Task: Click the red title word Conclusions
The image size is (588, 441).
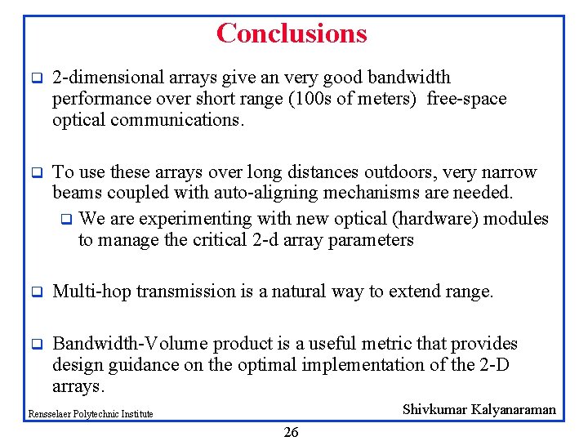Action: coord(292,33)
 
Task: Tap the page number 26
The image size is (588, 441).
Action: coord(291,432)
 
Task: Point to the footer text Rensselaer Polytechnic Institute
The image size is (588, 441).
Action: coord(91,414)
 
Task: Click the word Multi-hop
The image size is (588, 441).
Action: coord(91,292)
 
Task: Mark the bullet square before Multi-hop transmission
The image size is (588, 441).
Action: coord(36,292)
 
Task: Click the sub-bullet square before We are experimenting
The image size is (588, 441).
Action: coord(66,220)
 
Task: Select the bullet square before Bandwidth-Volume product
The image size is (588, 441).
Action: coord(36,345)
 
